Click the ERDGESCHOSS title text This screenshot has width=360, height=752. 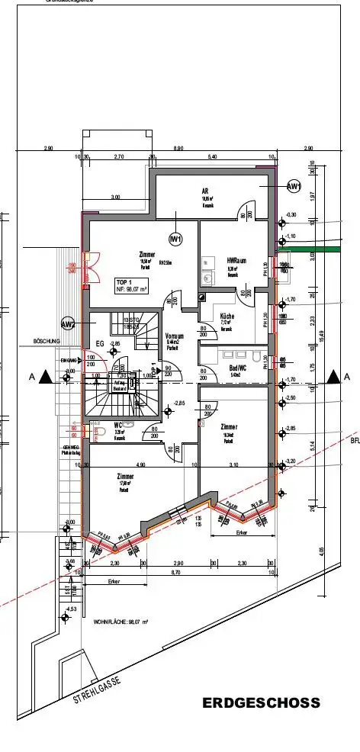(262, 703)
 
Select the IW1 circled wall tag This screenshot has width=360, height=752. (176, 239)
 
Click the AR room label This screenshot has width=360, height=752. (205, 191)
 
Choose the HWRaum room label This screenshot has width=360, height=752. (236, 261)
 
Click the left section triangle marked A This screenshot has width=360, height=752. (46, 376)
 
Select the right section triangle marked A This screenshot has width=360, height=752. (333, 376)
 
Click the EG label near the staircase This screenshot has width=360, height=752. (98, 344)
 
